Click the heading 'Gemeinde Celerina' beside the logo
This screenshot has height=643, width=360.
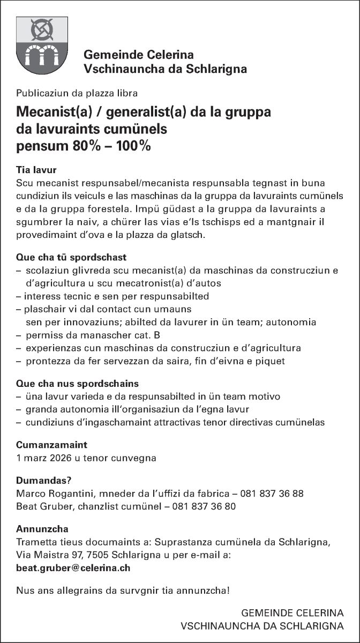click(x=138, y=55)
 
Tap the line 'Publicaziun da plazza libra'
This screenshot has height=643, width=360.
click(x=77, y=93)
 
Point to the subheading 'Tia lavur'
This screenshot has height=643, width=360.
click(x=36, y=171)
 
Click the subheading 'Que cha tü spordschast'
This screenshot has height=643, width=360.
click(x=71, y=258)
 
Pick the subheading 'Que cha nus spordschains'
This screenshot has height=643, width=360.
click(x=77, y=384)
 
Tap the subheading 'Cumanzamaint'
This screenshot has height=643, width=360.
click(x=51, y=445)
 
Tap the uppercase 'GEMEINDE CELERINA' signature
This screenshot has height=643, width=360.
click(x=292, y=612)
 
